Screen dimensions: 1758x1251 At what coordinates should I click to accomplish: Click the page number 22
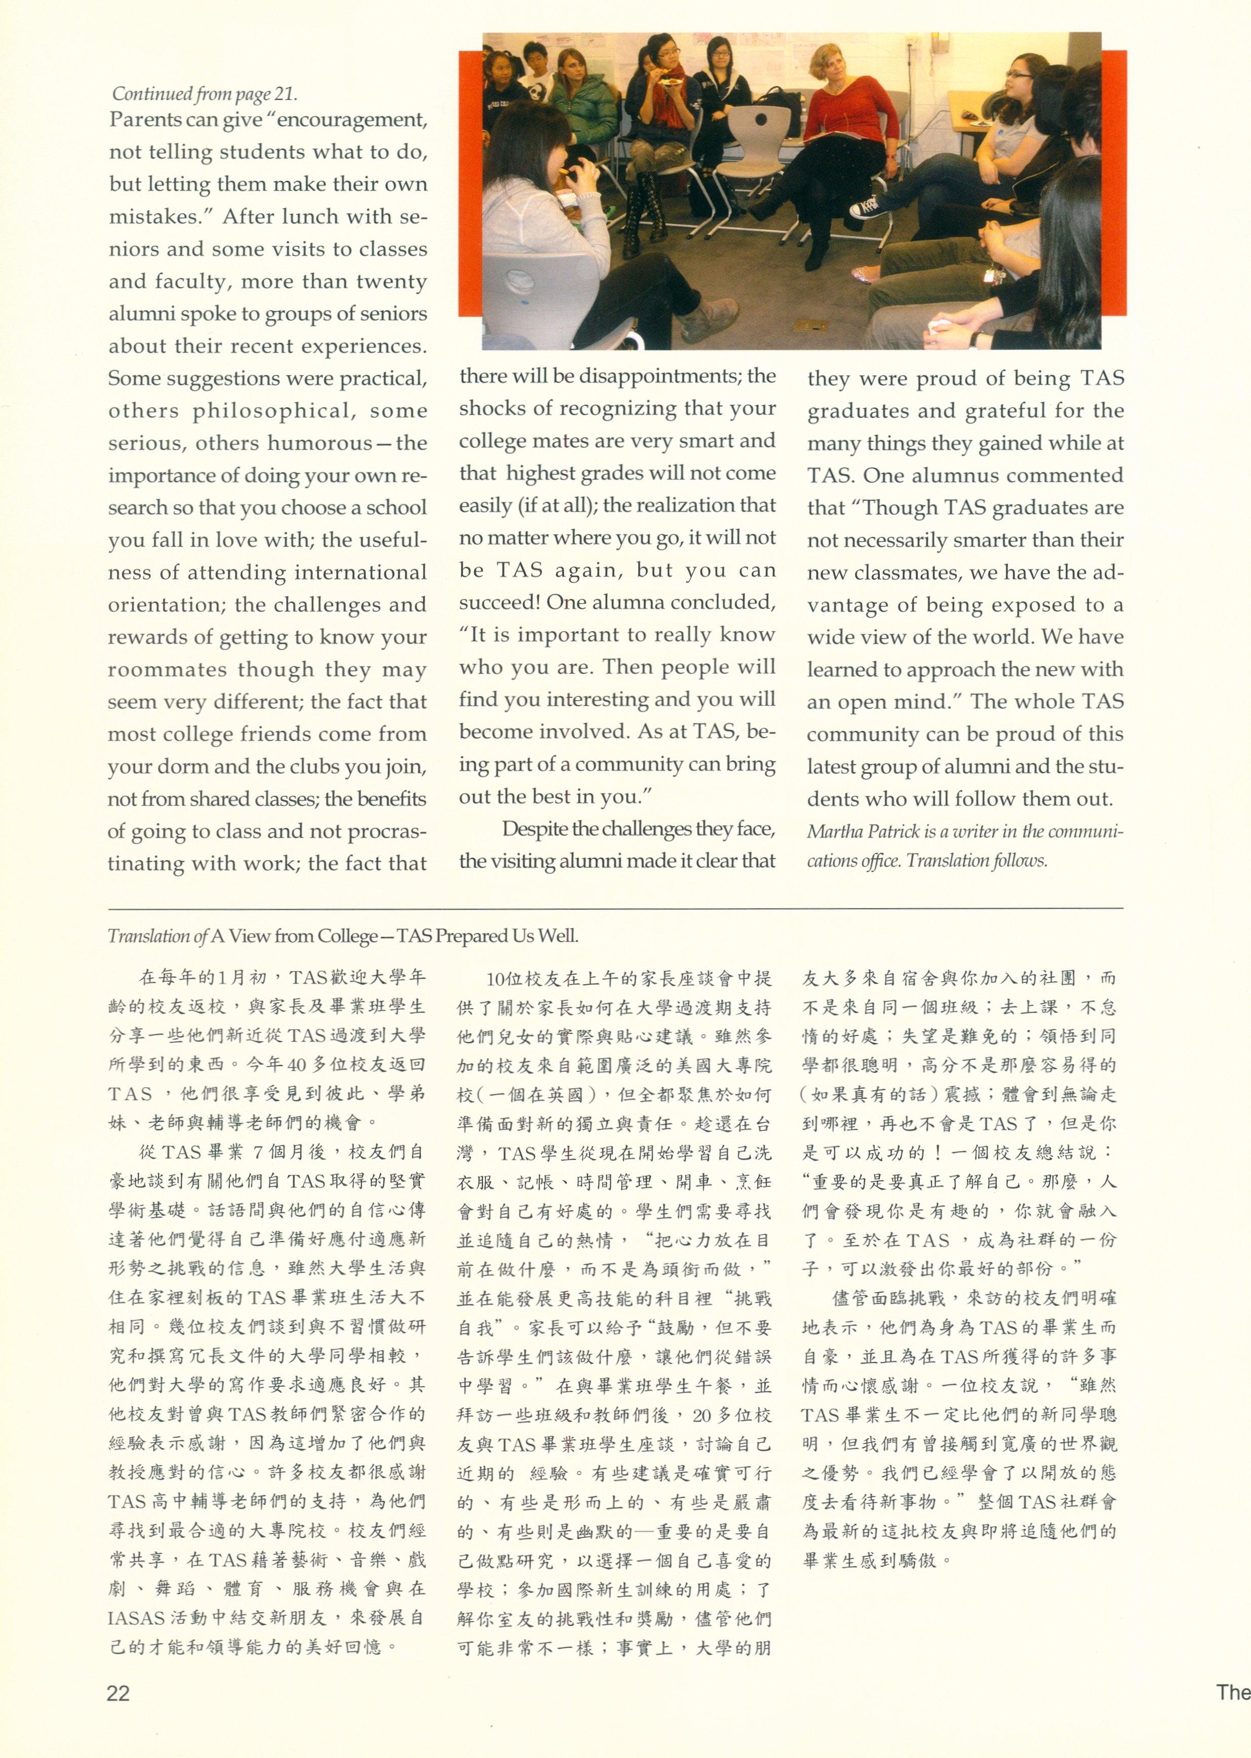[x=118, y=1693]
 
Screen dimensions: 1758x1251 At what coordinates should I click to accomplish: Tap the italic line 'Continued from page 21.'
[x=204, y=94]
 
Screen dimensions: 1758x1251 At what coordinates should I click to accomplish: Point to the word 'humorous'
[x=320, y=443]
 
